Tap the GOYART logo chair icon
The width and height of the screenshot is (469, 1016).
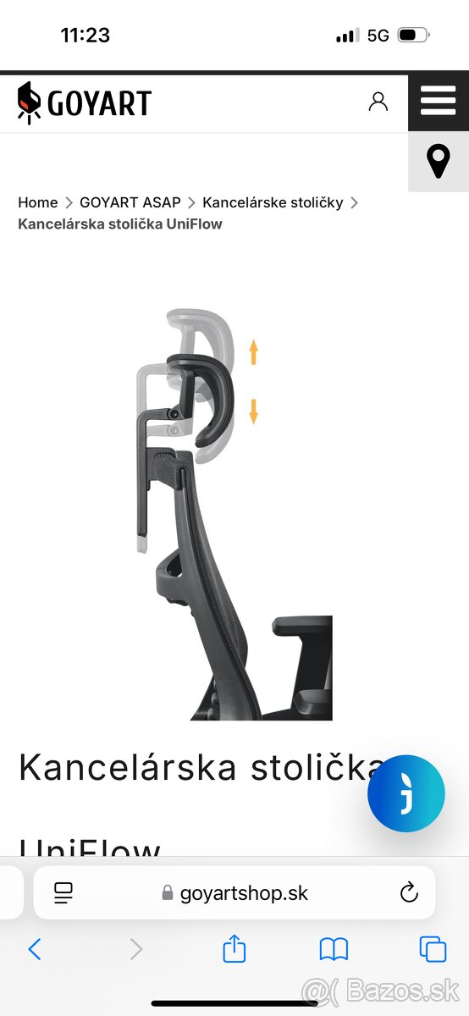(29, 102)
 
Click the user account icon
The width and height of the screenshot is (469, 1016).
(378, 102)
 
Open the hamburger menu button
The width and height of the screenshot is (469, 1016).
(439, 101)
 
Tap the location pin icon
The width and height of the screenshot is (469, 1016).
(439, 161)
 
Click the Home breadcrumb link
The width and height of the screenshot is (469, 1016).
(37, 202)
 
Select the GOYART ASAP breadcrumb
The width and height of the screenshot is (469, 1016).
(130, 202)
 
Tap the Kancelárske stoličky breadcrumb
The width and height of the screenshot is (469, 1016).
(273, 202)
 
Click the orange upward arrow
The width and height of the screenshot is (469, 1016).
(254, 352)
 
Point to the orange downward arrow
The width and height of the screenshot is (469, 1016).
(254, 411)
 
